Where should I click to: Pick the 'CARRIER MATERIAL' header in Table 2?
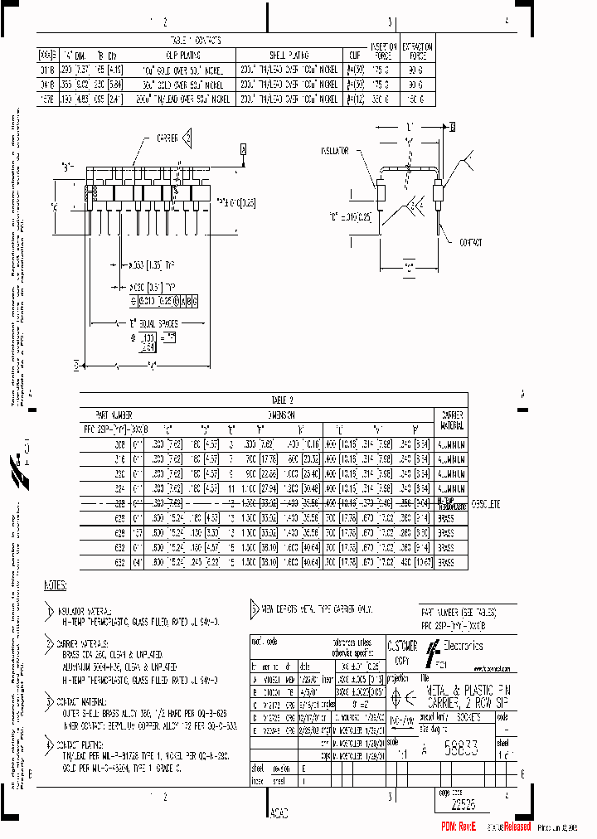[452, 419]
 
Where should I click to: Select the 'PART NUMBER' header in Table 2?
[114, 414]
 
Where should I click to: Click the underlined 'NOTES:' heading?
[56, 585]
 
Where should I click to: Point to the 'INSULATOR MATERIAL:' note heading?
[86, 609]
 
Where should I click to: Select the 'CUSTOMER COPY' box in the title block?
[402, 650]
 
